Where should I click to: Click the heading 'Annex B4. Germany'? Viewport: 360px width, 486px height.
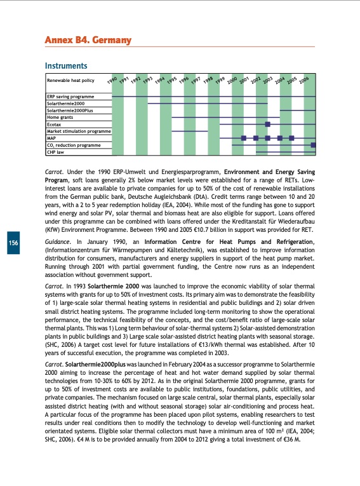point(88,41)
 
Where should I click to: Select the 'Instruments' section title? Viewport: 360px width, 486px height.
point(65,66)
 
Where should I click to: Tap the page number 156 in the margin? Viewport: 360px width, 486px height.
point(12,243)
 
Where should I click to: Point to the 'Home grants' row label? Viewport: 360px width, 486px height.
point(61,117)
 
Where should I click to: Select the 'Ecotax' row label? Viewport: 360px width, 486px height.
point(54,124)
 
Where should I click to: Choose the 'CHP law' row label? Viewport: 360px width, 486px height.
point(56,152)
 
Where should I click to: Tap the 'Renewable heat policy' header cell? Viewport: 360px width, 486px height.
point(70,81)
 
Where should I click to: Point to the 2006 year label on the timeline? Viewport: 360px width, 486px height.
point(304,81)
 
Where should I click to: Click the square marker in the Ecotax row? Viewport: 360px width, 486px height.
point(267,124)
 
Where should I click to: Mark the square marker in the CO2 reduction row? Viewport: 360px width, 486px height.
point(313,145)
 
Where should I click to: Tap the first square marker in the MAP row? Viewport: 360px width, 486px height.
point(243,138)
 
